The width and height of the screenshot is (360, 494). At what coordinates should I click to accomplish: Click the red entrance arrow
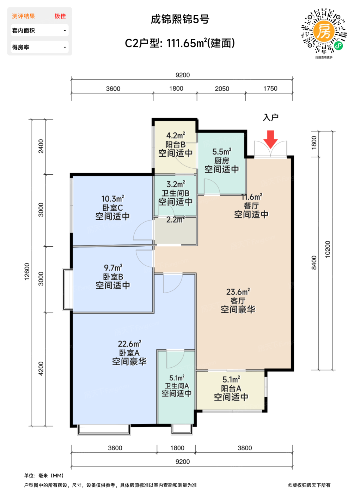coord(270,139)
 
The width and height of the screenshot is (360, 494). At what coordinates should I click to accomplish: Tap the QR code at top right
coord(324,31)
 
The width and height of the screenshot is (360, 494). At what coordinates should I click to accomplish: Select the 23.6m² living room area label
coord(238,292)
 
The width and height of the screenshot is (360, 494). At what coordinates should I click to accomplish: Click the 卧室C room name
coord(112,208)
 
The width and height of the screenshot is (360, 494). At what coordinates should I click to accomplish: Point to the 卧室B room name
coord(113,277)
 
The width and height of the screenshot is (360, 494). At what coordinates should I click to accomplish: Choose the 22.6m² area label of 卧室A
coord(129,344)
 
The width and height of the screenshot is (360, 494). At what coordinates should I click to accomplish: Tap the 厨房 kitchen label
coord(222,161)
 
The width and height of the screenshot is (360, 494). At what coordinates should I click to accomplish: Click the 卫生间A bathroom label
coord(177,386)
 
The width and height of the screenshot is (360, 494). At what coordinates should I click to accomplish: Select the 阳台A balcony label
coord(231,388)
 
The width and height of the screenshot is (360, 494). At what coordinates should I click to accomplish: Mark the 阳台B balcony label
coord(176,145)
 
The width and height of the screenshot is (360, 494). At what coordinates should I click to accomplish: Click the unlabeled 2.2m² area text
coord(175,219)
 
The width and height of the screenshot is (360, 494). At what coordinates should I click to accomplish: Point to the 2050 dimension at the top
coord(222,89)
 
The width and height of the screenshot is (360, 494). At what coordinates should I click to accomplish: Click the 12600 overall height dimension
coord(27,272)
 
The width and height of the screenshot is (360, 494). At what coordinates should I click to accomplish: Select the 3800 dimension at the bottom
coord(245,448)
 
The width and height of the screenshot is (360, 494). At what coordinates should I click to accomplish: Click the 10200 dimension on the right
coord(328,249)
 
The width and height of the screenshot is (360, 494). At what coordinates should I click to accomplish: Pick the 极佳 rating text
coord(60,16)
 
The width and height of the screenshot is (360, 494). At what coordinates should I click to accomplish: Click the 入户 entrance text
coord(270,117)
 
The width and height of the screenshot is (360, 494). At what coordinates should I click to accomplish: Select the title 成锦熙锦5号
coord(180,19)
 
